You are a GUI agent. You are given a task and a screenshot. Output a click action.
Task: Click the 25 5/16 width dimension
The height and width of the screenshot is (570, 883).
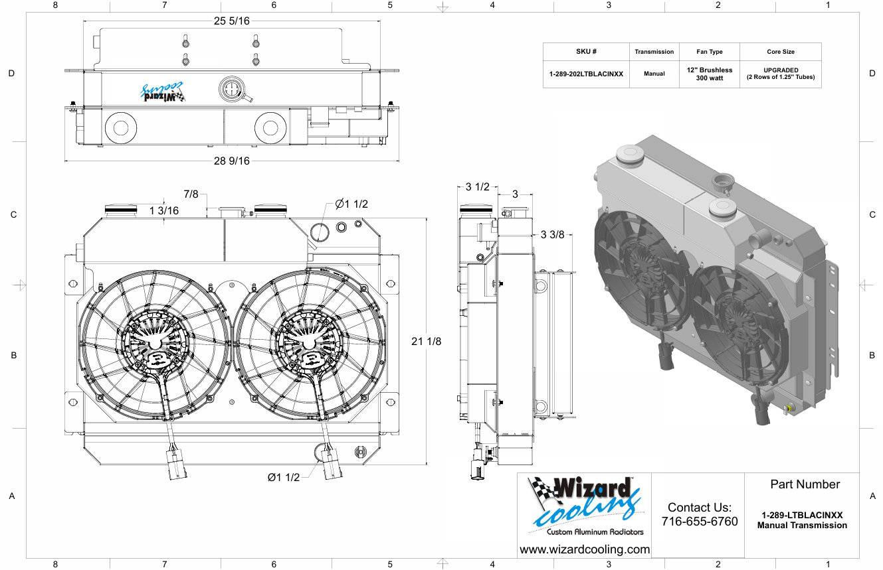tap(232, 21)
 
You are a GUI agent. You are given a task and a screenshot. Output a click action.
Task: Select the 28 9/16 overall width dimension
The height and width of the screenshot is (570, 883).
tap(232, 161)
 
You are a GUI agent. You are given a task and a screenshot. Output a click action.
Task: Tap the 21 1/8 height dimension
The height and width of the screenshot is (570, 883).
tap(426, 341)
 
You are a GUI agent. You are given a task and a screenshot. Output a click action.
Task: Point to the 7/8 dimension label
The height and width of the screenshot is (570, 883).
tap(191, 194)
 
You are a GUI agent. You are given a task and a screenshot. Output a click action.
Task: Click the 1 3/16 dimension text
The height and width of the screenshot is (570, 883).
tap(164, 211)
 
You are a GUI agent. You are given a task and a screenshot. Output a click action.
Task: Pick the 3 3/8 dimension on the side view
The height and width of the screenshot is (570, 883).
tap(552, 235)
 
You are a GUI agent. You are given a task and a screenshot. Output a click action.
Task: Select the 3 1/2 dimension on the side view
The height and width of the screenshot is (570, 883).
tap(477, 186)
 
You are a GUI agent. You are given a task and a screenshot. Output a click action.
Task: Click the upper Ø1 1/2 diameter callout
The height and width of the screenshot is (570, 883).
tap(351, 204)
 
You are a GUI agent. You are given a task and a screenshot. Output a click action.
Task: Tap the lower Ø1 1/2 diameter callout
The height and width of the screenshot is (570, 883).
tap(284, 477)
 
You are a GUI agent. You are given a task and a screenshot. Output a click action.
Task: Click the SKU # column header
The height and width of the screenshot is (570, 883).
tap(586, 52)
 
